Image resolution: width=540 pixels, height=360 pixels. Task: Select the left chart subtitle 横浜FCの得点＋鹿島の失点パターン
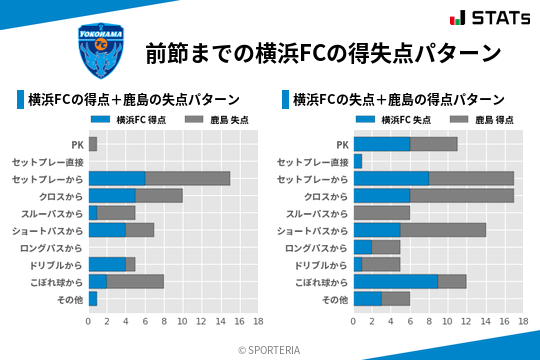pyautogui.click(x=134, y=100)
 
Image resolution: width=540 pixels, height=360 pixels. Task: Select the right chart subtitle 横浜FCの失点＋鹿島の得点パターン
pyautogui.click(x=399, y=100)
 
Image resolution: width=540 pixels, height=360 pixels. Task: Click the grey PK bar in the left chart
pyautogui.click(x=93, y=144)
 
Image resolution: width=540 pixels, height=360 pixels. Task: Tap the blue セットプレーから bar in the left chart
pyautogui.click(x=117, y=178)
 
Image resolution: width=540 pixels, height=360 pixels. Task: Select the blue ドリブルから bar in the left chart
pyautogui.click(x=107, y=264)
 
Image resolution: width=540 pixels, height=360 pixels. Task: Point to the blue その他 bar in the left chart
pyautogui.click(x=93, y=299)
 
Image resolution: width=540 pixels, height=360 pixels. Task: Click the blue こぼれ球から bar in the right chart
pyautogui.click(x=396, y=282)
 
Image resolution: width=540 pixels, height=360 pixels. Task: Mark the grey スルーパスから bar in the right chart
pyautogui.click(x=382, y=213)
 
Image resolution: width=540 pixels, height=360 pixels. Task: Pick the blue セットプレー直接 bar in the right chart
pyautogui.click(x=358, y=161)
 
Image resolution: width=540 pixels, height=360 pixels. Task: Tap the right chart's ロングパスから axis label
pyautogui.click(x=315, y=247)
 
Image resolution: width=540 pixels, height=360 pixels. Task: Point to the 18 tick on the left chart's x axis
pyautogui.click(x=258, y=321)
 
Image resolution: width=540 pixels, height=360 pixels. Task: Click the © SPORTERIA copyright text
pyautogui.click(x=270, y=349)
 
